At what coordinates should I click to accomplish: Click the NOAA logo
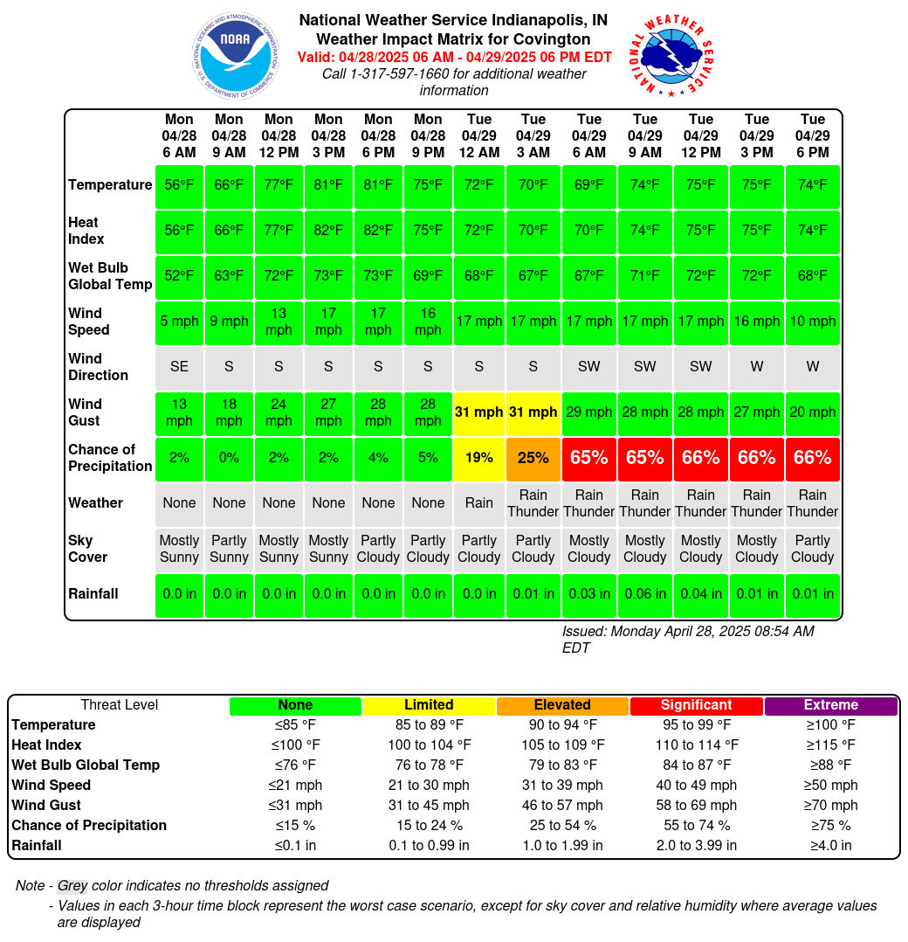236,55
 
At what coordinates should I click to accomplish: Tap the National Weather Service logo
671,55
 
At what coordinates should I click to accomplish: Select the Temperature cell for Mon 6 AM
179,185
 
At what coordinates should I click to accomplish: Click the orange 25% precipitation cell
533,458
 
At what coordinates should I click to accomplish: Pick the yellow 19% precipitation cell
479,458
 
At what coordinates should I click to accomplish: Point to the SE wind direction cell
179,366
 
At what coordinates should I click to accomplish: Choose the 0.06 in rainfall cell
645,594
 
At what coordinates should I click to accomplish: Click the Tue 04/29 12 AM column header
479,135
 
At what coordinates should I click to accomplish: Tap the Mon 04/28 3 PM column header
328,135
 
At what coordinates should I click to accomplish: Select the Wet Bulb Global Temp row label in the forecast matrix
110,276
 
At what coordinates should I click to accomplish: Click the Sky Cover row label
87,549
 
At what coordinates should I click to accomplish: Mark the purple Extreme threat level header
831,705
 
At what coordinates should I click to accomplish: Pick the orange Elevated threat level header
562,705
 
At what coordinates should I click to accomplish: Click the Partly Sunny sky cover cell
229,549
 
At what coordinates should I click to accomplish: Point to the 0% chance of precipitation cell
229,458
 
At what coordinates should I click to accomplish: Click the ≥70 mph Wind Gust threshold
830,805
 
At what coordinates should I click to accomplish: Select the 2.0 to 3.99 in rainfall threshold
696,845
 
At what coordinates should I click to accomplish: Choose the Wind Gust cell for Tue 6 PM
813,412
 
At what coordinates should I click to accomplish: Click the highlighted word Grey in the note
72,885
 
